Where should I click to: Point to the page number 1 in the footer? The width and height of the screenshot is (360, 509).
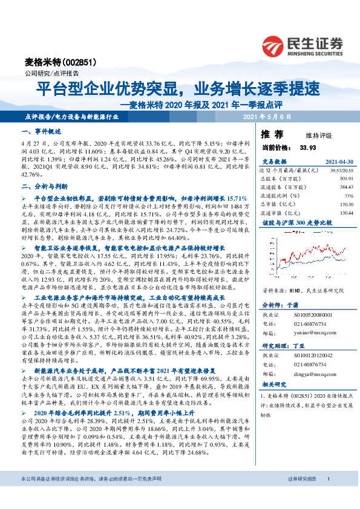coord(327,496)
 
